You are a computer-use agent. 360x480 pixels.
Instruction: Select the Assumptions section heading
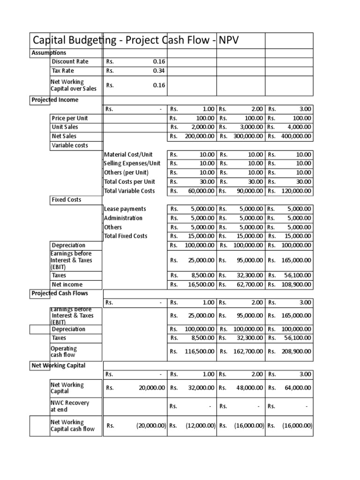coord(49,53)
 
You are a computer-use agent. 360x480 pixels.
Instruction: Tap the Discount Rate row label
coord(70,62)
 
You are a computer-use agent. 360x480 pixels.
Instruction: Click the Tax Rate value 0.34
coord(159,71)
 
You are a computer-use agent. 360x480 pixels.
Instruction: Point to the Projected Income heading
coord(55,100)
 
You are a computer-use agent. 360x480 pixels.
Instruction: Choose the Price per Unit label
coord(70,118)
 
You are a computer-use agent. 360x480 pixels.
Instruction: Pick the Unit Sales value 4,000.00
coord(296,127)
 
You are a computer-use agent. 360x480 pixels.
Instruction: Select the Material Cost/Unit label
coord(128,155)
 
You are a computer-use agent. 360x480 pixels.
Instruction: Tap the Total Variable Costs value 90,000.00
coord(246,191)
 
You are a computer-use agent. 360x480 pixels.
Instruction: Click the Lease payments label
coord(125,209)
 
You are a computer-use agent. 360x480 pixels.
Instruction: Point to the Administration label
coord(123,218)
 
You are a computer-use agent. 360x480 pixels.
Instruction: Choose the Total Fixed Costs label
coord(126,236)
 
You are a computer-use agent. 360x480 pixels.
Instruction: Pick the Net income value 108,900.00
coord(296,285)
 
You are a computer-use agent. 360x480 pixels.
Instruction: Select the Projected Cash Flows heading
coord(60,293)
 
